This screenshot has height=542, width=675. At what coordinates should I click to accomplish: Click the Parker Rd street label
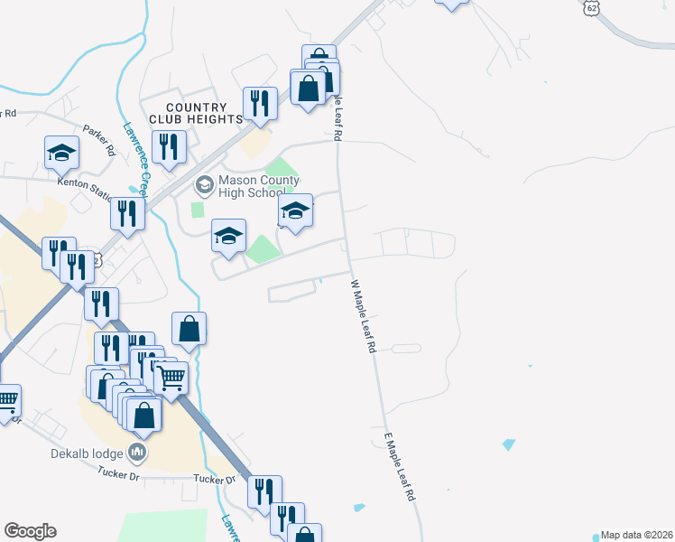point(98,140)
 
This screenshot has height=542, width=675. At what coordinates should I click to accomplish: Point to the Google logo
point(30,531)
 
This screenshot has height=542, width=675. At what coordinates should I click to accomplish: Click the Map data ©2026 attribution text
point(636,535)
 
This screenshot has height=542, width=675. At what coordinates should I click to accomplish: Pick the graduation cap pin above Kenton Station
point(61,152)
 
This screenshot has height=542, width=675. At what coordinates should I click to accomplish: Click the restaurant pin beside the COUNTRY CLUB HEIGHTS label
point(259,103)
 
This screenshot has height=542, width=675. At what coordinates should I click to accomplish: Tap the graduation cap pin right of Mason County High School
point(294,210)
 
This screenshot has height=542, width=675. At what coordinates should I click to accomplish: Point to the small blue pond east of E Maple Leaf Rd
point(508,445)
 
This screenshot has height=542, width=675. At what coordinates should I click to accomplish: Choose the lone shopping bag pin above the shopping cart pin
point(189,329)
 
